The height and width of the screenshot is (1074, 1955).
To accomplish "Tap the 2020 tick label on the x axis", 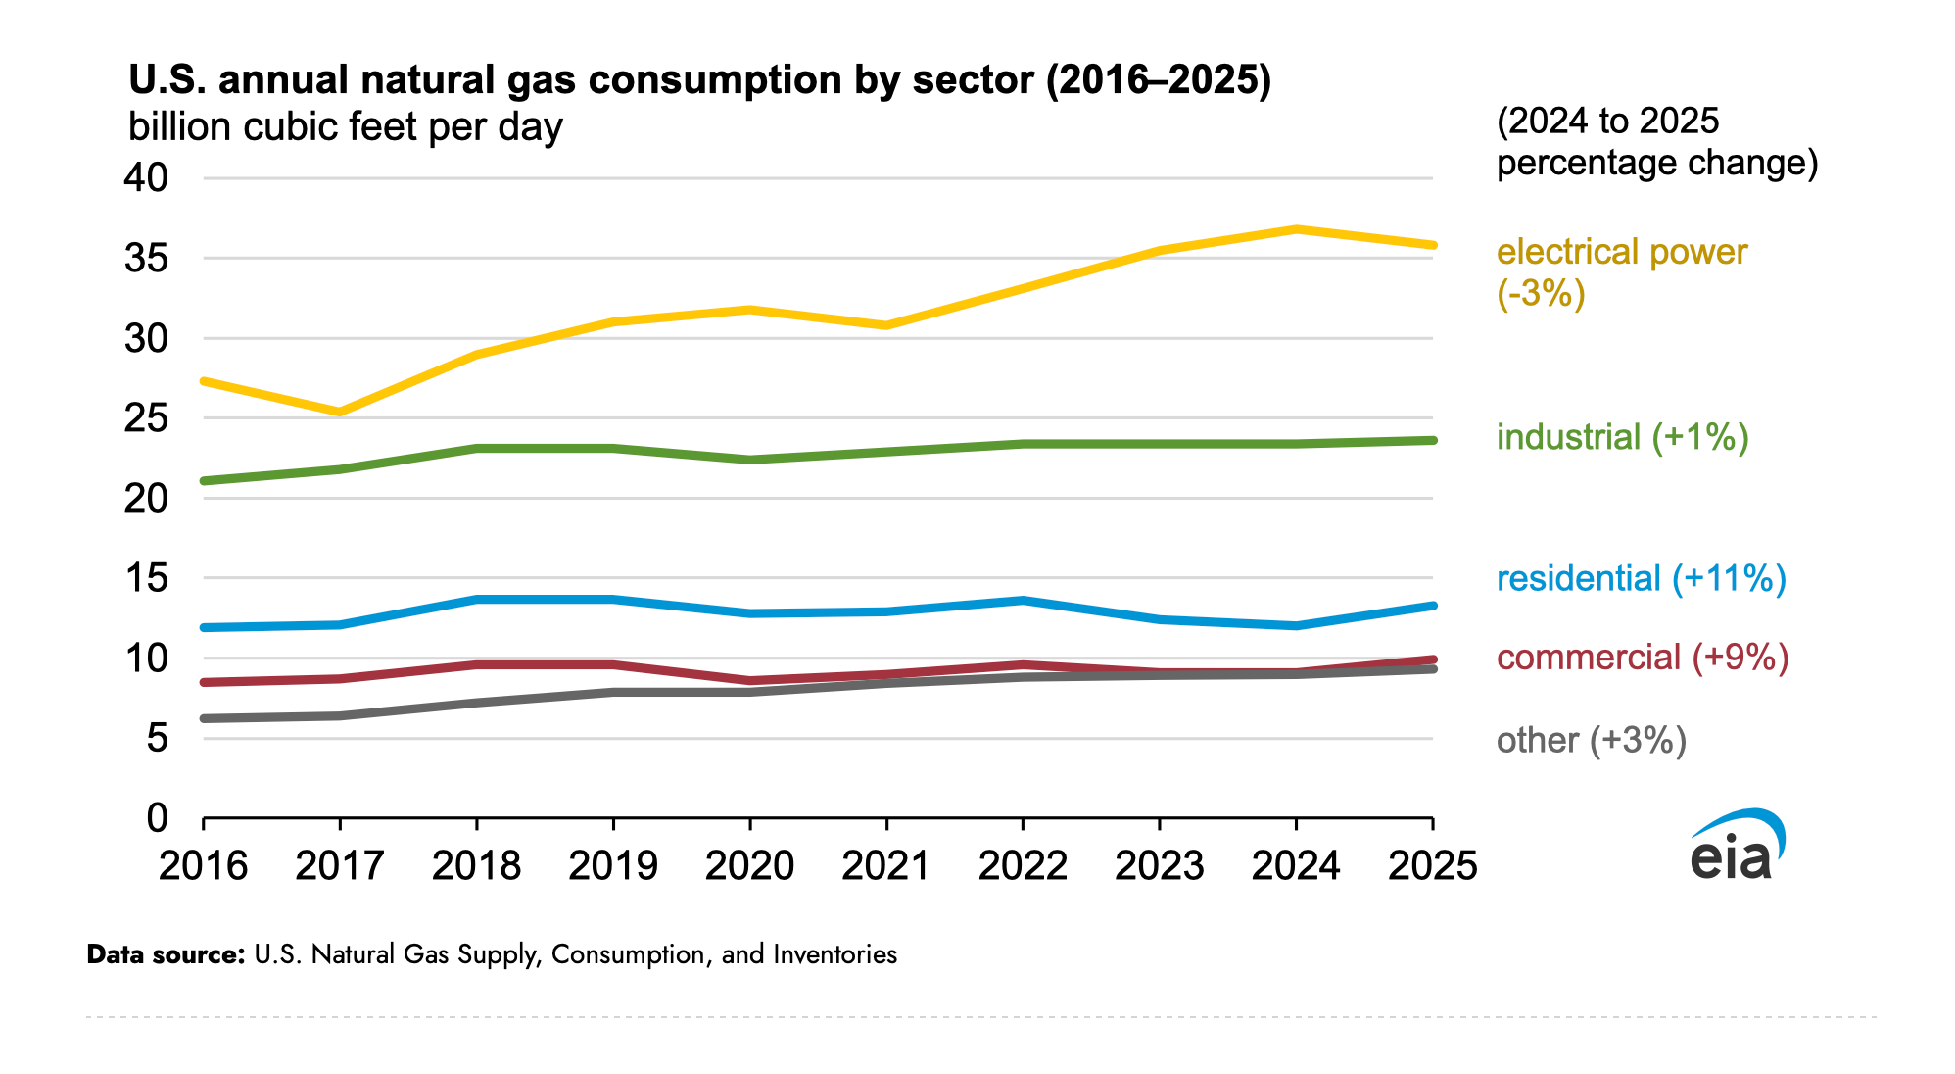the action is (x=749, y=865).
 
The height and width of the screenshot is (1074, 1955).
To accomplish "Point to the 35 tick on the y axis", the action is (x=146, y=259).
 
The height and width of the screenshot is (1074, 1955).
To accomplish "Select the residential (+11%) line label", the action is (x=1642, y=578).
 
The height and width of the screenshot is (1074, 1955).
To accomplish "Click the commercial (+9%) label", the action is (x=1643, y=657).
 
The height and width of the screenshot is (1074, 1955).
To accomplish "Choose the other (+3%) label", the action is (x=1592, y=740).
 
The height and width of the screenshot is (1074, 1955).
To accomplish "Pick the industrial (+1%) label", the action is (x=1623, y=437).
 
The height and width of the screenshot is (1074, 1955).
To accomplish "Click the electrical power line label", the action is (x=1622, y=272).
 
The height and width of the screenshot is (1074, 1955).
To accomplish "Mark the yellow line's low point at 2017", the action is (x=340, y=412).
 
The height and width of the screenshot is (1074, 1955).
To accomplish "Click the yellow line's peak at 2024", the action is (x=1296, y=229).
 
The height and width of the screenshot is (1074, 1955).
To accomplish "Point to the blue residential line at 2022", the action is (x=1023, y=600).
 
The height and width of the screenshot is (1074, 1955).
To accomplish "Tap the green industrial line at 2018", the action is (x=477, y=449).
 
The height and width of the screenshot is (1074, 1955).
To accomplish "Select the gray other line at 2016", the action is (x=204, y=718).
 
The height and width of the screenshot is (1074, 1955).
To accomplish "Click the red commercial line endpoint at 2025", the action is (x=1432, y=659).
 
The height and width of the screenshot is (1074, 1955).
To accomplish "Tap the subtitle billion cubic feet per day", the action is (x=346, y=127).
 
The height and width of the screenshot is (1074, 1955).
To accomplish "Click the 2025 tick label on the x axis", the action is (x=1432, y=865).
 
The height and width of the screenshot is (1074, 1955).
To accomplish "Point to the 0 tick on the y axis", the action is (x=158, y=817).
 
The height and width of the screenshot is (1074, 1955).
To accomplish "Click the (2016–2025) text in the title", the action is (x=1159, y=79).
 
